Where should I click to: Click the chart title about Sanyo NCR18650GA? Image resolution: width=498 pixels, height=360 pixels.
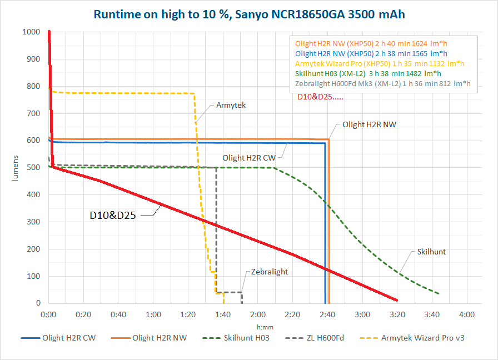pyautogui.click(x=250, y=14)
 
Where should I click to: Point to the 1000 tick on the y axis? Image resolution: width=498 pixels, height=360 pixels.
pyautogui.click(x=31, y=32)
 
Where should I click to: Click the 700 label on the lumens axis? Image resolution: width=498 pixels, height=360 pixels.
pyautogui.click(x=33, y=113)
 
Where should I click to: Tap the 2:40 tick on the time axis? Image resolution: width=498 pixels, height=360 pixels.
pyautogui.click(x=327, y=314)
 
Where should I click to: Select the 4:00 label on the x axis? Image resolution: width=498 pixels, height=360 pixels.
pyautogui.click(x=467, y=314)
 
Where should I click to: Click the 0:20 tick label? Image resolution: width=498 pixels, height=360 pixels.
pyautogui.click(x=83, y=314)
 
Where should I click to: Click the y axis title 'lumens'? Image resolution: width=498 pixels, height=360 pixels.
pyautogui.click(x=15, y=168)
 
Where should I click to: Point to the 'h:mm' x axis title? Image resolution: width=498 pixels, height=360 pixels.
pyautogui.click(x=265, y=327)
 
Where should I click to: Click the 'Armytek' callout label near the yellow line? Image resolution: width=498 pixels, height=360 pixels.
pyautogui.click(x=231, y=105)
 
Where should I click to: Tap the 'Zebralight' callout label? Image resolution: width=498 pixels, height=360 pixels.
pyautogui.click(x=270, y=272)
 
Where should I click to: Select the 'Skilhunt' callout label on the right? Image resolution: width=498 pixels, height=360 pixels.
pyautogui.click(x=431, y=252)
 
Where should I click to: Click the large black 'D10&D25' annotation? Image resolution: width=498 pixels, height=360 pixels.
pyautogui.click(x=113, y=215)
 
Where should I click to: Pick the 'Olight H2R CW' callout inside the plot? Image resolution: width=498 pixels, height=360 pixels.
pyautogui.click(x=249, y=158)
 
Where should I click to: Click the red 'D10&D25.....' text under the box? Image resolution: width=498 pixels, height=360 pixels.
pyautogui.click(x=320, y=97)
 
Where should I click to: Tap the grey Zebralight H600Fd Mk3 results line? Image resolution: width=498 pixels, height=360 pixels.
pyautogui.click(x=383, y=83)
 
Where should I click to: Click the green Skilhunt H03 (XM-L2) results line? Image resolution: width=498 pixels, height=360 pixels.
pyautogui.click(x=368, y=74)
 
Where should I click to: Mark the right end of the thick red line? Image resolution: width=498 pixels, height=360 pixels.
pyautogui.click(x=397, y=300)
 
